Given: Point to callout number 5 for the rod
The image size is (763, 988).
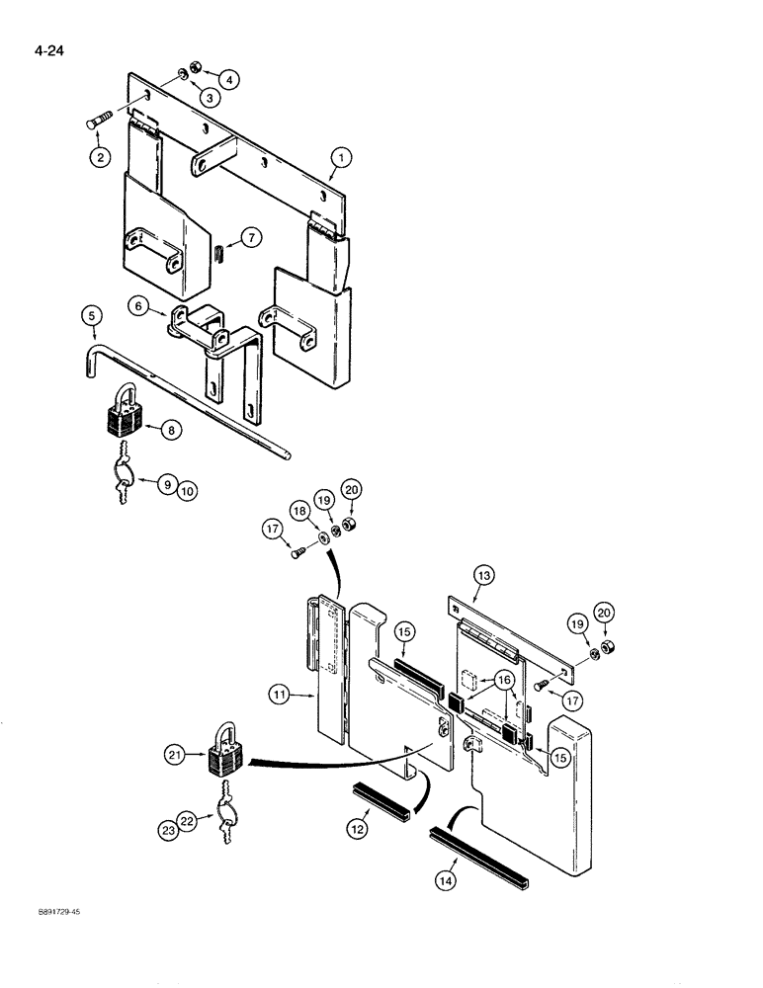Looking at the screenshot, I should [91, 317].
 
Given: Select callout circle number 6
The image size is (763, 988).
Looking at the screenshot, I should [138, 307].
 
